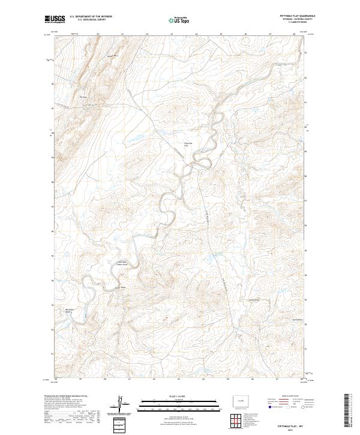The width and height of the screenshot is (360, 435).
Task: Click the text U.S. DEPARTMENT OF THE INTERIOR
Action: (x=91, y=16)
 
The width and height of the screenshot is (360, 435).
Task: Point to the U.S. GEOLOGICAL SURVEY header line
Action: (x=91, y=19)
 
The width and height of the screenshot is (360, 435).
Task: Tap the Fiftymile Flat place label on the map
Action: (x=187, y=145)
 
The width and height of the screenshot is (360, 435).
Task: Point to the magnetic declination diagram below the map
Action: (x=121, y=404)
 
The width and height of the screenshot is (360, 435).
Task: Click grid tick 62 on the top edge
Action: (x=147, y=35)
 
